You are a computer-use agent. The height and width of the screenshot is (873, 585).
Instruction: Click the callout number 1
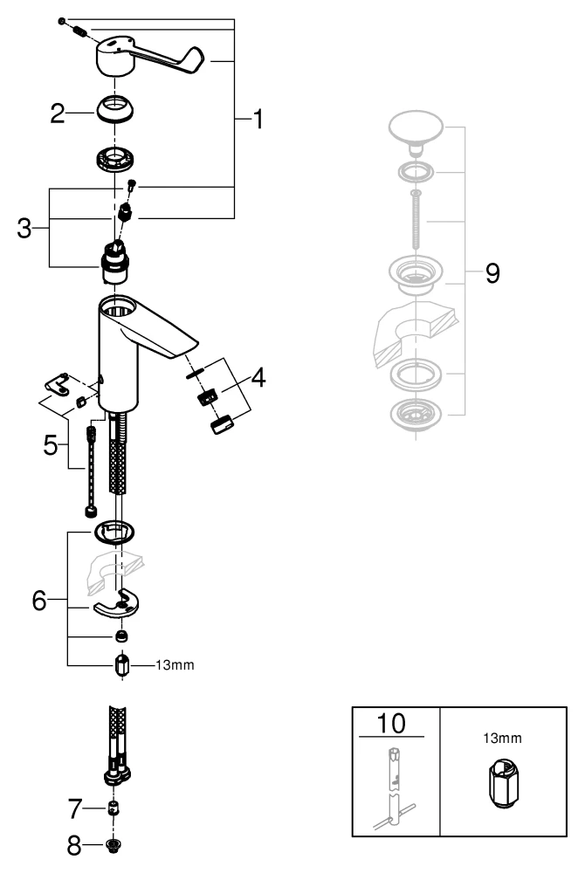(x=257, y=119)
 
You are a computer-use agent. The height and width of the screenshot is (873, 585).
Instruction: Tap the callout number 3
(x=26, y=230)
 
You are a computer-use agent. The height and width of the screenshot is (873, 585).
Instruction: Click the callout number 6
(x=39, y=601)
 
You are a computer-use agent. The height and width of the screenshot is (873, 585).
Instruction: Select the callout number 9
(x=492, y=273)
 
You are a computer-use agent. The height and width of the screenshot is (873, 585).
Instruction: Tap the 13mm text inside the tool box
(x=503, y=738)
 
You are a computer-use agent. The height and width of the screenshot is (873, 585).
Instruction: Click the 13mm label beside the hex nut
(x=175, y=665)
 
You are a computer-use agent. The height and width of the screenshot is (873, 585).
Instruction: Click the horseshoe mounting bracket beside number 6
(x=119, y=603)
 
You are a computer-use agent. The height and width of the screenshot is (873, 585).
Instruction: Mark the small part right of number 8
(x=113, y=845)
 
